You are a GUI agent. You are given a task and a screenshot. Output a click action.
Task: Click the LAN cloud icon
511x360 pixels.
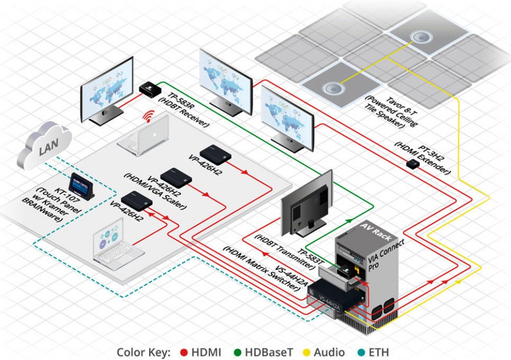[x=44, y=145]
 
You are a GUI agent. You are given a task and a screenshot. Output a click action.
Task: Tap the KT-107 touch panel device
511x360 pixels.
[x=82, y=186]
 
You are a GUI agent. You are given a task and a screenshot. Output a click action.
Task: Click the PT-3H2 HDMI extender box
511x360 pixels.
[x=413, y=163]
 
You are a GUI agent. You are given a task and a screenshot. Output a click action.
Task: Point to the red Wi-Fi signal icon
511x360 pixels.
[x=150, y=116]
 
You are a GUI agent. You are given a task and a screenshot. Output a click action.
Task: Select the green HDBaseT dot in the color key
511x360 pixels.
[x=238, y=352]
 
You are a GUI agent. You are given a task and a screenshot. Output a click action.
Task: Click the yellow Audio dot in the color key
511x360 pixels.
[x=307, y=352]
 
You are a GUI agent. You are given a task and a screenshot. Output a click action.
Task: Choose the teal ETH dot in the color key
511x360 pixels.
[x=361, y=352]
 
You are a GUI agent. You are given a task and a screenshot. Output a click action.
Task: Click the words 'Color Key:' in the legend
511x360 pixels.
[x=144, y=352]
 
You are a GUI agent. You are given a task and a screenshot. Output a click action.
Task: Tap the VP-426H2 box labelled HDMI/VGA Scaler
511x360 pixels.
[x=176, y=178]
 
